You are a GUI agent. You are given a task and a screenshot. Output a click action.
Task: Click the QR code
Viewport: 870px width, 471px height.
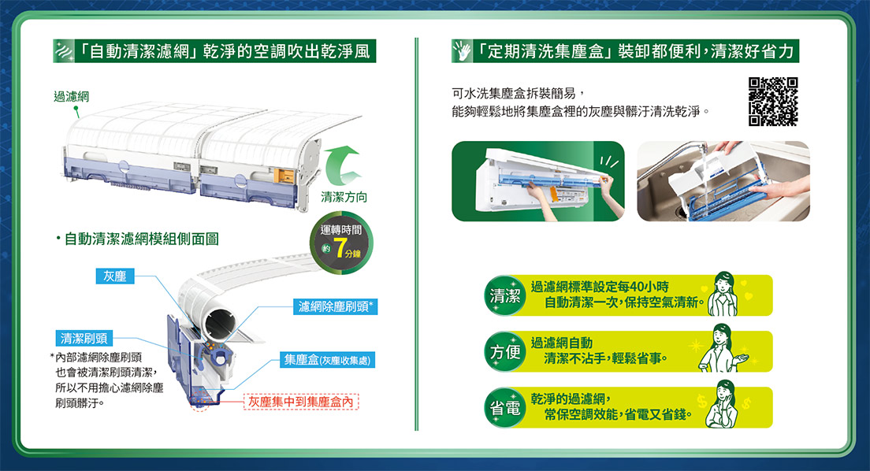(x=773, y=102)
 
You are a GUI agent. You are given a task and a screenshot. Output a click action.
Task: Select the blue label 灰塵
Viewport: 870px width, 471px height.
(x=115, y=276)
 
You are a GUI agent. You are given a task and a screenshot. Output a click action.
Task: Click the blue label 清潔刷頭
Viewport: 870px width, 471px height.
(x=84, y=339)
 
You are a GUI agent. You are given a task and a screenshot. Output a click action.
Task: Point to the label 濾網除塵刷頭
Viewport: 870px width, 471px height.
(x=336, y=307)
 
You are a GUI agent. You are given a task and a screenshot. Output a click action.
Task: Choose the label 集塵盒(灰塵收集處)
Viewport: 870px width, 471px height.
(x=327, y=360)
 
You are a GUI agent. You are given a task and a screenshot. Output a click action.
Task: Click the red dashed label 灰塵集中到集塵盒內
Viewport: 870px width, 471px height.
(x=301, y=402)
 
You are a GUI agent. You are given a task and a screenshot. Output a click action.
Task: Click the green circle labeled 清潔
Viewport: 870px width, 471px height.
(x=505, y=295)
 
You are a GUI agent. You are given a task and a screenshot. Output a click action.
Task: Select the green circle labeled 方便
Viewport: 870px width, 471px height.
(x=505, y=352)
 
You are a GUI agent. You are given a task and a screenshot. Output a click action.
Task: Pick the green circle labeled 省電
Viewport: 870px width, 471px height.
(x=505, y=408)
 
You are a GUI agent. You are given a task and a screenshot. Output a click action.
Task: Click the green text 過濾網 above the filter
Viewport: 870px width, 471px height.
(x=71, y=97)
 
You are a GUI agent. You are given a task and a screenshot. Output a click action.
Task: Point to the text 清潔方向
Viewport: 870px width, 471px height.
(x=344, y=197)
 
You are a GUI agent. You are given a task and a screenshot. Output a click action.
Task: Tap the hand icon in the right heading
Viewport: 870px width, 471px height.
(x=462, y=51)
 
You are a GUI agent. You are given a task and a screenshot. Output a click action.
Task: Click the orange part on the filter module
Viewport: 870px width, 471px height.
(x=283, y=176)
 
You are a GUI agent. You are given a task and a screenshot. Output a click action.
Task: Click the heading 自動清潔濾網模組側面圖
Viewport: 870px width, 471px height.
(x=142, y=239)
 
